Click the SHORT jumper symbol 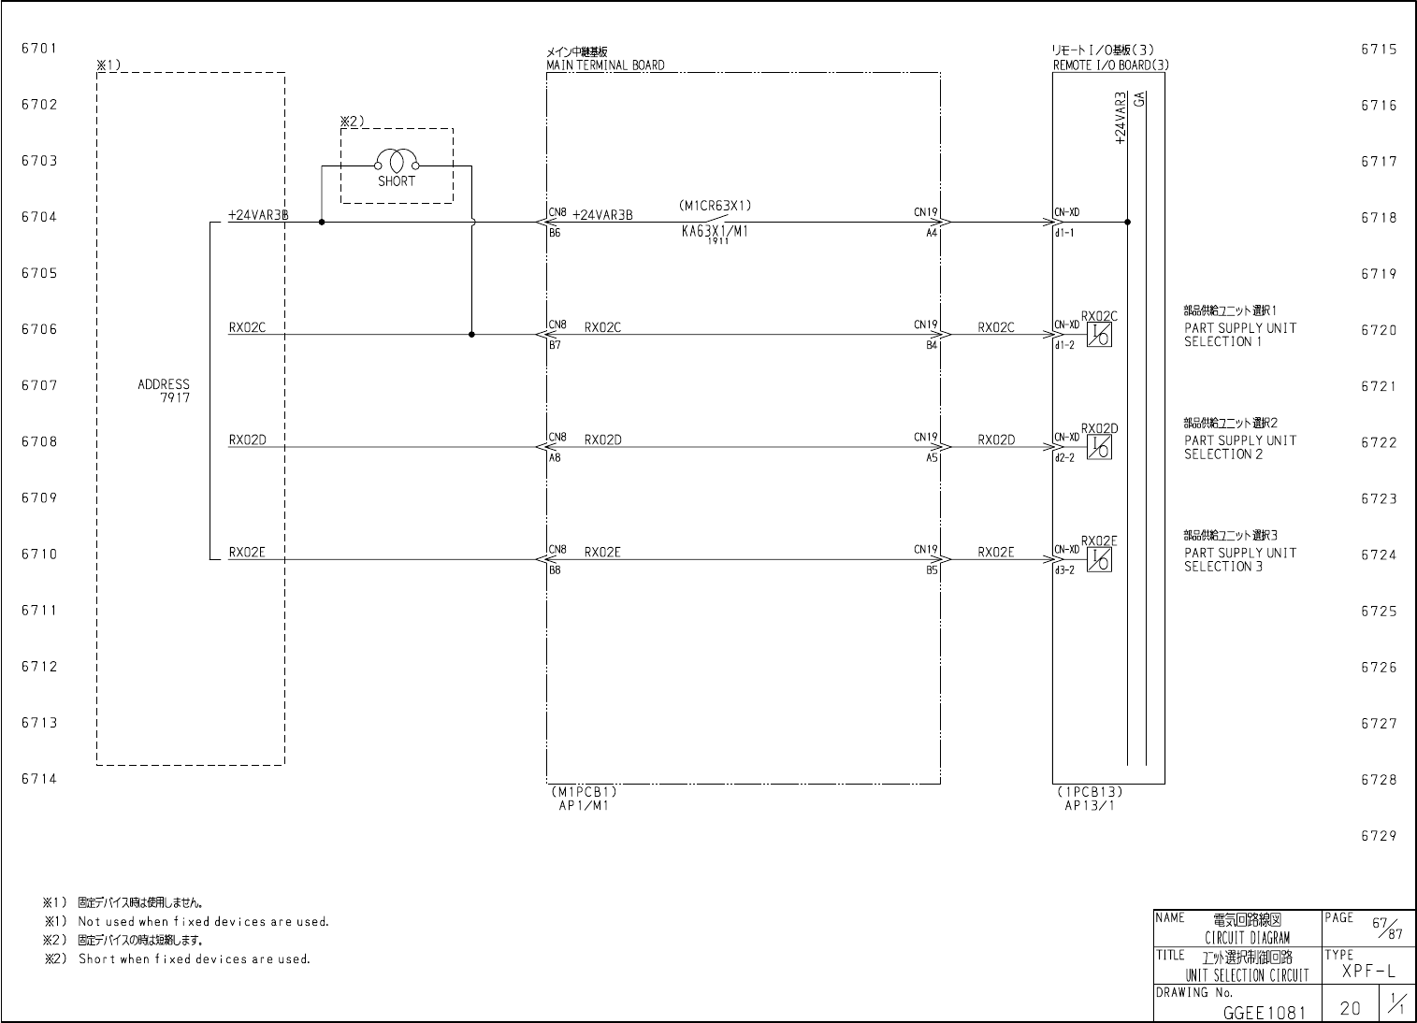(x=396, y=161)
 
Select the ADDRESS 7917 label (x=164, y=391)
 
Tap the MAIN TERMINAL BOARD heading (x=605, y=65)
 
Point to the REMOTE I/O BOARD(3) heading (x=1110, y=65)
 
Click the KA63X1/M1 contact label (x=715, y=233)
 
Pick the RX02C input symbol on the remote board (x=1100, y=336)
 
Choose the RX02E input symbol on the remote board (x=1100, y=560)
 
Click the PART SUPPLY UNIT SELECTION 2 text (x=1240, y=447)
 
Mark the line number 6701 (x=39, y=49)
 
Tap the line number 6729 (x=1379, y=836)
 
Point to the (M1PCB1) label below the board (x=584, y=791)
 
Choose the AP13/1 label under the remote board (x=1090, y=805)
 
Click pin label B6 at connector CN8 (x=555, y=234)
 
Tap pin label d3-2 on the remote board (x=1064, y=570)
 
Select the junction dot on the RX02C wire (x=471, y=335)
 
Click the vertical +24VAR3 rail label (x=1121, y=118)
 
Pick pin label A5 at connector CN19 (x=932, y=458)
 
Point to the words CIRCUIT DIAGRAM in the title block (x=1247, y=938)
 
